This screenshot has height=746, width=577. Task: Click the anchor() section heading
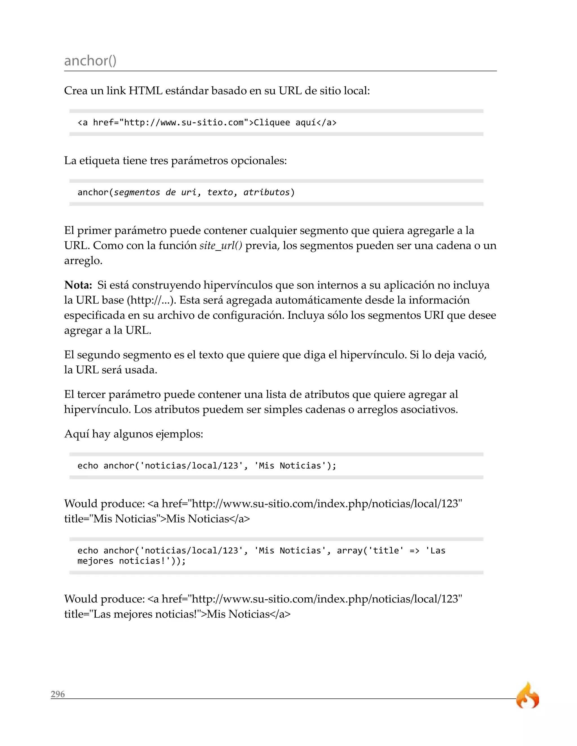click(x=90, y=61)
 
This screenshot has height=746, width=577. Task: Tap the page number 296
click(x=58, y=694)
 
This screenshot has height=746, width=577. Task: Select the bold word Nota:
click(x=78, y=285)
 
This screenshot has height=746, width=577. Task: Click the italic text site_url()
click(x=221, y=245)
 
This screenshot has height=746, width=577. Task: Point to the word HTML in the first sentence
click(x=145, y=91)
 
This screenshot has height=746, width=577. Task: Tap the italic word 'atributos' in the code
click(x=266, y=192)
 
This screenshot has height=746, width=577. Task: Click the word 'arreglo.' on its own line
click(x=83, y=261)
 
